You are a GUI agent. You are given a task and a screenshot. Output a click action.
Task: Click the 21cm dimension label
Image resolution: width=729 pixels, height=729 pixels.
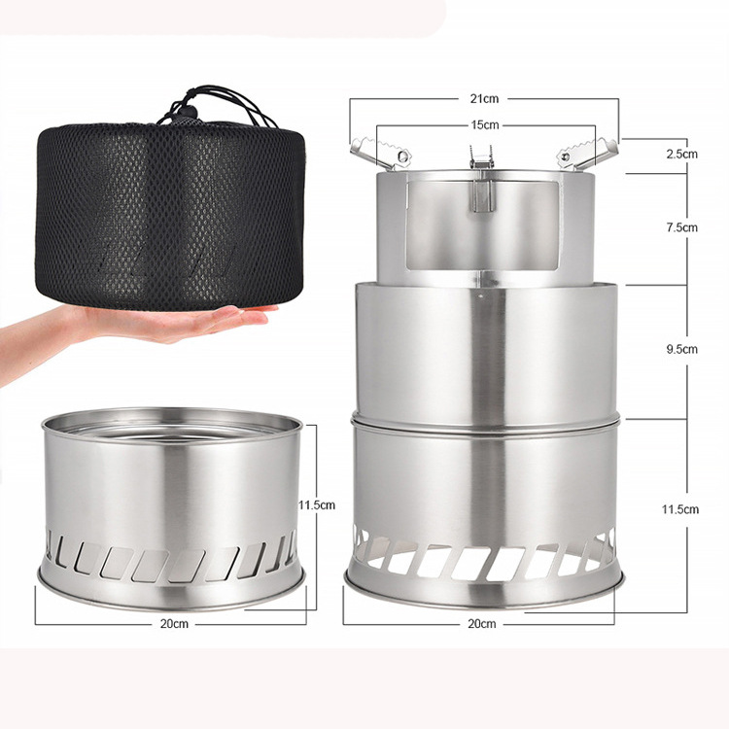pos(484,98)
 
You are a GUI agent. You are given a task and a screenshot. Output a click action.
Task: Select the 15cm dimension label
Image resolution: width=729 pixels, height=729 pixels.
pos(484,124)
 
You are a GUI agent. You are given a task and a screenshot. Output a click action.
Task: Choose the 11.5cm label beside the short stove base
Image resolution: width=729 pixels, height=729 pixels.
pos(317,504)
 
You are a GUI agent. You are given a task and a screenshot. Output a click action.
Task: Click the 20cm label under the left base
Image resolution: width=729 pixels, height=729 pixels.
pos(174,623)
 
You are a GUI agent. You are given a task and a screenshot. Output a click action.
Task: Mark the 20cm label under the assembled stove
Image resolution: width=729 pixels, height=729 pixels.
pos(481,622)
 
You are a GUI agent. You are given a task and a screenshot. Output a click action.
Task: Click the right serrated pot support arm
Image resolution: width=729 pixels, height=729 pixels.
pos(586,152)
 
